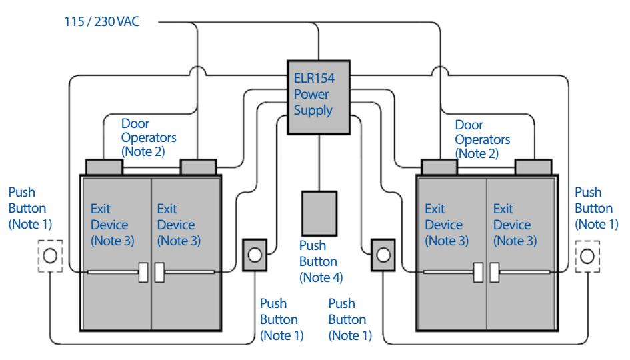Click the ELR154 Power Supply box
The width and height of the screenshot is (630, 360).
[x=319, y=97]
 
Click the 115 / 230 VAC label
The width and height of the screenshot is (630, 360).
[x=102, y=21]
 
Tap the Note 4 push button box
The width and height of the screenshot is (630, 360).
[x=319, y=213]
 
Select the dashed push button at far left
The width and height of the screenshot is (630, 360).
[x=51, y=256]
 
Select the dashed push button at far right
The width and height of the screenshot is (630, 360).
[x=587, y=257]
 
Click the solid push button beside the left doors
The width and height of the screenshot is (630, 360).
[x=255, y=255]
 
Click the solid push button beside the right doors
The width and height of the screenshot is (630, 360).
[x=383, y=255]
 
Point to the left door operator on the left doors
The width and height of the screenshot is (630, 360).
[x=104, y=167]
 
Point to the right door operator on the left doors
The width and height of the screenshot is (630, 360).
[x=199, y=167]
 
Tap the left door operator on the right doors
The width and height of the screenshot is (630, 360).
[x=439, y=167]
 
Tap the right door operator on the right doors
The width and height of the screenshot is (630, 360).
[x=533, y=167]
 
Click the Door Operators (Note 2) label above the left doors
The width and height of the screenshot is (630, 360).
[x=149, y=137]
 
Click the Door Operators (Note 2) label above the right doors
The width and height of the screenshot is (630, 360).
[x=483, y=139]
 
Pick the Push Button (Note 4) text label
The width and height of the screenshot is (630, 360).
[x=321, y=261]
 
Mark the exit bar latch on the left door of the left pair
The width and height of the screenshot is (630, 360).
[x=143, y=273]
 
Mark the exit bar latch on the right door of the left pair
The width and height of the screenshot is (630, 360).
[x=160, y=273]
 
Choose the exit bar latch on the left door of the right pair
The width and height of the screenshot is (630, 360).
[x=478, y=273]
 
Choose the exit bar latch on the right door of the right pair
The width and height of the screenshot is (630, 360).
[x=495, y=273]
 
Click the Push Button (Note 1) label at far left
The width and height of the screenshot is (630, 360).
[x=30, y=208]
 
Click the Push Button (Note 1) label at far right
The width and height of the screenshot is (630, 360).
[x=597, y=208]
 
